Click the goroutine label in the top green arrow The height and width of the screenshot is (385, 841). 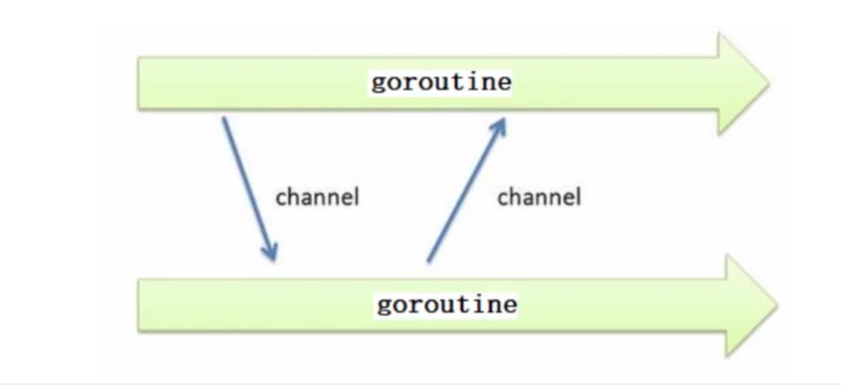pos(441,83)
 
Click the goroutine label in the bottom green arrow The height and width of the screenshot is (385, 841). pos(447,305)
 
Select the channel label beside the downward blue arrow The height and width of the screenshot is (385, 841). pos(317,197)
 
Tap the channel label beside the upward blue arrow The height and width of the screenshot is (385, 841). pos(539,197)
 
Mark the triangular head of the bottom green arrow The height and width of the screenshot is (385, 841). pos(751,305)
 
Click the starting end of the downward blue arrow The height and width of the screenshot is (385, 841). pos(223,118)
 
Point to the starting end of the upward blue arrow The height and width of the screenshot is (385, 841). pos(428,261)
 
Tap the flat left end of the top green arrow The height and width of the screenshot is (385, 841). pos(139,83)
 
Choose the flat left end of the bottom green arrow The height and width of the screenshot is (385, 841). pos(139,305)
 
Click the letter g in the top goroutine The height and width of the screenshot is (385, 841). pos(378,84)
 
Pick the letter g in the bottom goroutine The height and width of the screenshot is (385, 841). pos(384,307)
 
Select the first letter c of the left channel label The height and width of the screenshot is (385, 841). pos(281,199)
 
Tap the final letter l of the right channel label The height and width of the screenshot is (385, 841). pos(578,197)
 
